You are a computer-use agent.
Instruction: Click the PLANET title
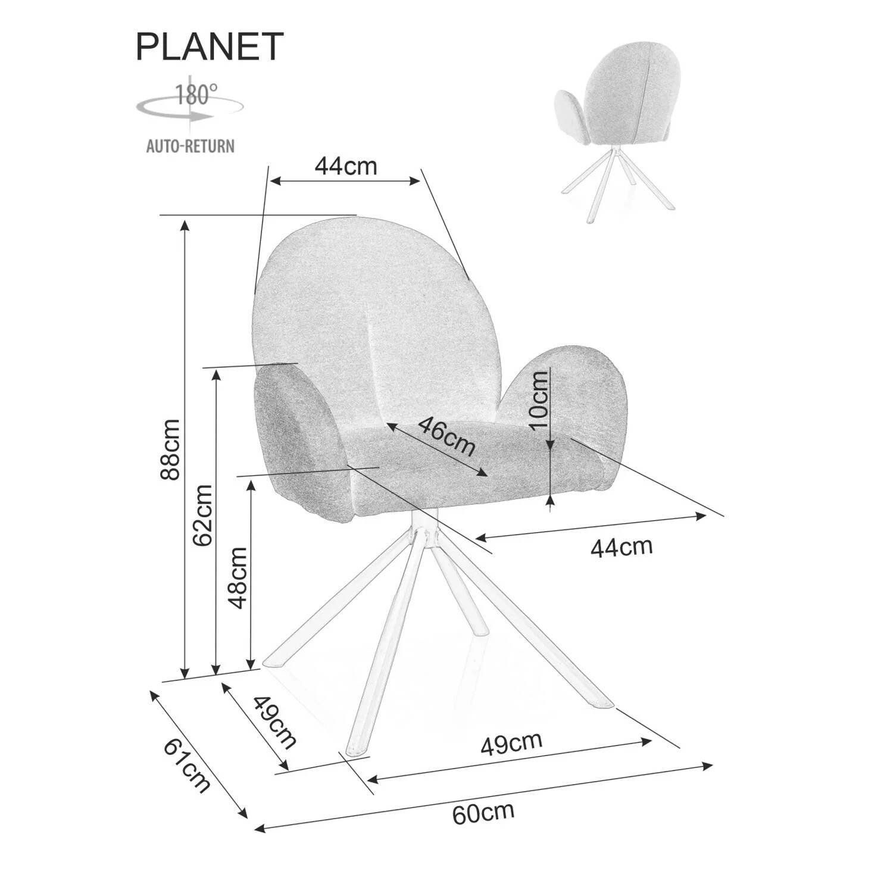click(x=210, y=46)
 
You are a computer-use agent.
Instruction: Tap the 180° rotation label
click(x=196, y=94)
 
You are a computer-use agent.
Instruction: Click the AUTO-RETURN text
click(x=191, y=145)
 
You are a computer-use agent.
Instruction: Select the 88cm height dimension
click(x=171, y=449)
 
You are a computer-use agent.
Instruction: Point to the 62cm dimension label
click(x=202, y=516)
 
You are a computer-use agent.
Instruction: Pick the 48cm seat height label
click(x=237, y=577)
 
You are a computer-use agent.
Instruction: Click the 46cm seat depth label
click(x=447, y=436)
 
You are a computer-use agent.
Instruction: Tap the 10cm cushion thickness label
click(x=538, y=399)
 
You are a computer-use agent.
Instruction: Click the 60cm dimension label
click(x=483, y=812)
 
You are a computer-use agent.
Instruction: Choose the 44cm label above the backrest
click(x=346, y=166)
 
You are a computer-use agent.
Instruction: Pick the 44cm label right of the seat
click(x=622, y=547)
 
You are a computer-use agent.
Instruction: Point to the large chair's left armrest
click(x=301, y=441)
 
